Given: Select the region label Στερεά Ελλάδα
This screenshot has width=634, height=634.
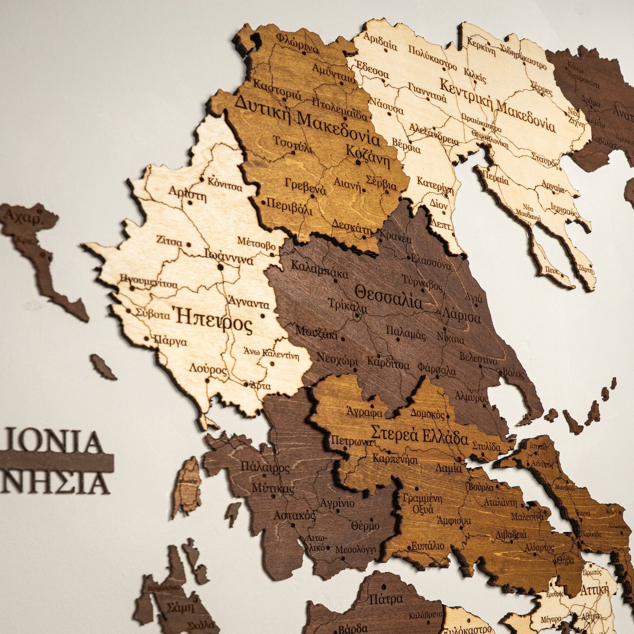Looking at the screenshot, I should (x=419, y=434).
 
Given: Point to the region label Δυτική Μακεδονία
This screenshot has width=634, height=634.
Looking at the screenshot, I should (x=307, y=121).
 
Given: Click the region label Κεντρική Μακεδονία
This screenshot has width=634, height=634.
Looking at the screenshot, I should (x=497, y=105).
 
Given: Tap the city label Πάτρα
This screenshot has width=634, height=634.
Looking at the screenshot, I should (x=386, y=599).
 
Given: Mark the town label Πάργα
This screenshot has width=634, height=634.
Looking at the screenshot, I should (x=170, y=341).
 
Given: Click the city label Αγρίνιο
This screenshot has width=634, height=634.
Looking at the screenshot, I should (x=337, y=503).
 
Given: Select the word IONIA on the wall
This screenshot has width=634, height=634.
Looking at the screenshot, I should (x=55, y=442).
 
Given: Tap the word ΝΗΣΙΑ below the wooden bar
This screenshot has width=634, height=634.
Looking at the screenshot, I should (x=55, y=484).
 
